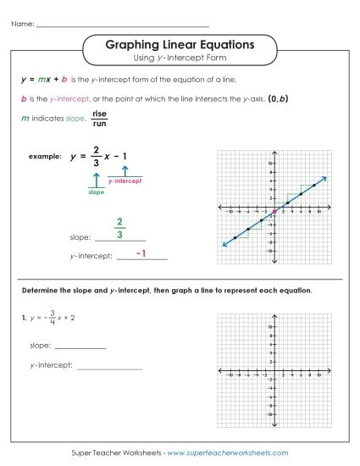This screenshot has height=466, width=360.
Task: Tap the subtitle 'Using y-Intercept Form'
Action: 180,58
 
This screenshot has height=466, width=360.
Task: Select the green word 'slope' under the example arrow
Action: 97,192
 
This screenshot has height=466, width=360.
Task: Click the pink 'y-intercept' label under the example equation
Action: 125,181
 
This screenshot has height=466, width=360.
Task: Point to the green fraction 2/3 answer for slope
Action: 120,228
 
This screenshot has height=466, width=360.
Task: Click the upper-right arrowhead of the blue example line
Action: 324,178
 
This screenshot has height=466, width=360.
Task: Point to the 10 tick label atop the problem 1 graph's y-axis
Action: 269,326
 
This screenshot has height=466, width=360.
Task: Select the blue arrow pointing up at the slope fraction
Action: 97,180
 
